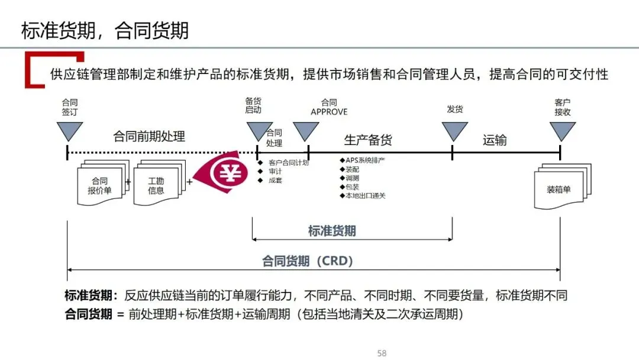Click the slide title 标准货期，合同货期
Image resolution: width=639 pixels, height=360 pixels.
(x=105, y=31)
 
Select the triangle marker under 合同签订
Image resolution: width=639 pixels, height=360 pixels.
(x=69, y=130)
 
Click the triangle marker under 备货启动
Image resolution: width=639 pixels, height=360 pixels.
(x=259, y=130)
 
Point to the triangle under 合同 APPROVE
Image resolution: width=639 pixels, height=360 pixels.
(x=306, y=130)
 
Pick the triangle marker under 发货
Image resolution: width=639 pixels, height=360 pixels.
(x=454, y=130)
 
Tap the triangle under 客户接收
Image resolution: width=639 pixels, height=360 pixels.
(x=562, y=130)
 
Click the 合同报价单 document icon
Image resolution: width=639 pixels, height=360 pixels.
(x=99, y=185)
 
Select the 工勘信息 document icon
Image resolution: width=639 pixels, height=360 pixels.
(x=156, y=185)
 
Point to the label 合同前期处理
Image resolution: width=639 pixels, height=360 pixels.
(x=149, y=137)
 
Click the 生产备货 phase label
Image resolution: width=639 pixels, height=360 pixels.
(x=368, y=140)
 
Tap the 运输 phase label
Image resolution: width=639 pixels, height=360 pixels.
(x=495, y=140)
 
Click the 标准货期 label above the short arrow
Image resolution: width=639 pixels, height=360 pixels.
(x=332, y=231)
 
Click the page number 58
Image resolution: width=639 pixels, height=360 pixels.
(x=382, y=353)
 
